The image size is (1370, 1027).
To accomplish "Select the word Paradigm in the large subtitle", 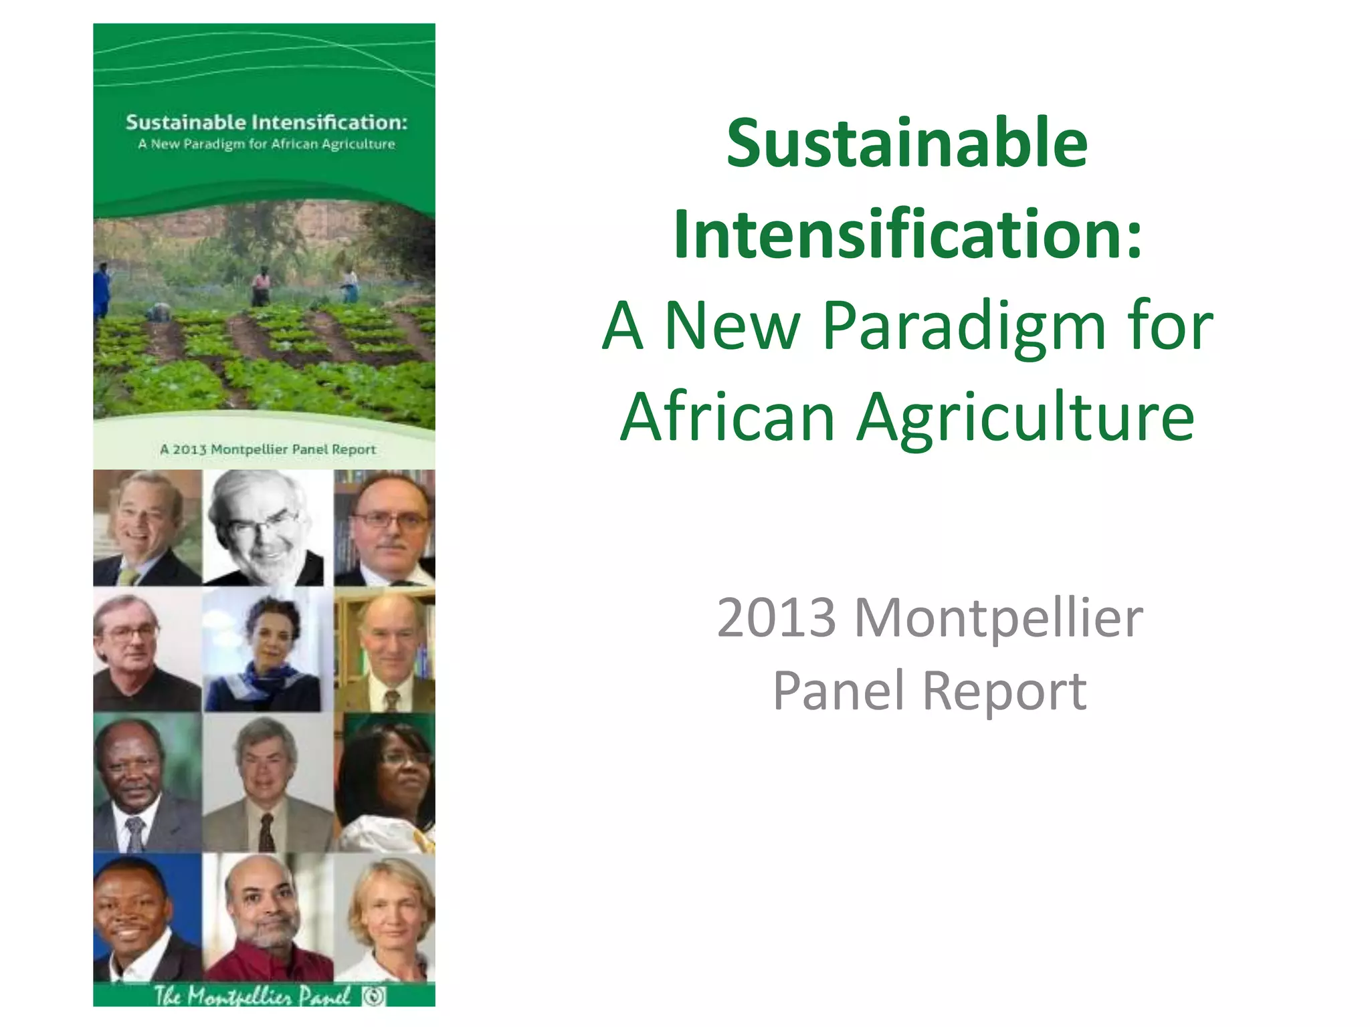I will [964, 326].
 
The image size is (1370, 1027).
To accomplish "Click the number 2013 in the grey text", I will [776, 618].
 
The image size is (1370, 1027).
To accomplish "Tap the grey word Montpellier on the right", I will [998, 618].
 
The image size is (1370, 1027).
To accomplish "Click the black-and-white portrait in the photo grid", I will [267, 528].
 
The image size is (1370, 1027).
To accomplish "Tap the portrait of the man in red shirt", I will [267, 917].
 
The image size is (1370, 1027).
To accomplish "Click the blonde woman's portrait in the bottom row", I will [385, 917].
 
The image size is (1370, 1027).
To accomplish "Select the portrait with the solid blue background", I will [147, 917].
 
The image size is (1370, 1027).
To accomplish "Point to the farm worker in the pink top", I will [262, 286].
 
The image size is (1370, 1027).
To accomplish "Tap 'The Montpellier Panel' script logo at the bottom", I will [253, 996].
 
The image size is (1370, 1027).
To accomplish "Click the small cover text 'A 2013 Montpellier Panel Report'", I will [268, 449].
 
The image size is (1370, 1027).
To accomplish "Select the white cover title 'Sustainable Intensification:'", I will [266, 122].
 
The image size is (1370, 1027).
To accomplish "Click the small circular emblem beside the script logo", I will [375, 996].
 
